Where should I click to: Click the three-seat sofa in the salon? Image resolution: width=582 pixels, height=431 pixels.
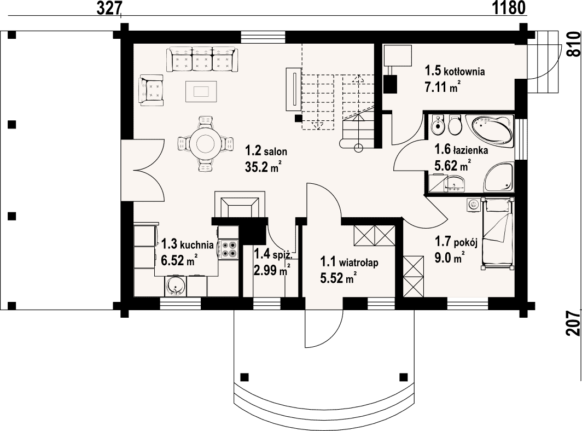pos(202,59)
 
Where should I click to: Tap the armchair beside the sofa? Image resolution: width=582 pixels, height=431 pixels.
pos(152,89)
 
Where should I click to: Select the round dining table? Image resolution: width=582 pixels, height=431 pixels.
pos(206,143)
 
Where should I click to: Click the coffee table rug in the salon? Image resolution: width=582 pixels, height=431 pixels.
pos(201,91)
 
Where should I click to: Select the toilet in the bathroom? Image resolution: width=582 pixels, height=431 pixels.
pos(455,125)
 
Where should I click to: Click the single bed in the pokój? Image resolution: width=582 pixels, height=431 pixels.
pos(497,233)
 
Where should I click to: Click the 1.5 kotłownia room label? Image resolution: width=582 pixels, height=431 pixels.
pos(455,71)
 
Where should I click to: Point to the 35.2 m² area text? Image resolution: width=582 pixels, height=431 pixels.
pos(263,167)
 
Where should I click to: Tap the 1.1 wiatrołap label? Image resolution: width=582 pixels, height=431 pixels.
pos(350,263)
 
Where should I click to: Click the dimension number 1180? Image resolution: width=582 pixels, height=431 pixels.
pos(509,8)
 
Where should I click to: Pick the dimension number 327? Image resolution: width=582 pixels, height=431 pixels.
pos(110,8)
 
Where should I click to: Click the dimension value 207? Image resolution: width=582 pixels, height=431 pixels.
pos(573,323)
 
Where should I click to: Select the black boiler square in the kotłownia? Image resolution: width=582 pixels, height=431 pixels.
pos(390,84)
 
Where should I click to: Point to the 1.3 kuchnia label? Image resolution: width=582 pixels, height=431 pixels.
pos(187,244)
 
